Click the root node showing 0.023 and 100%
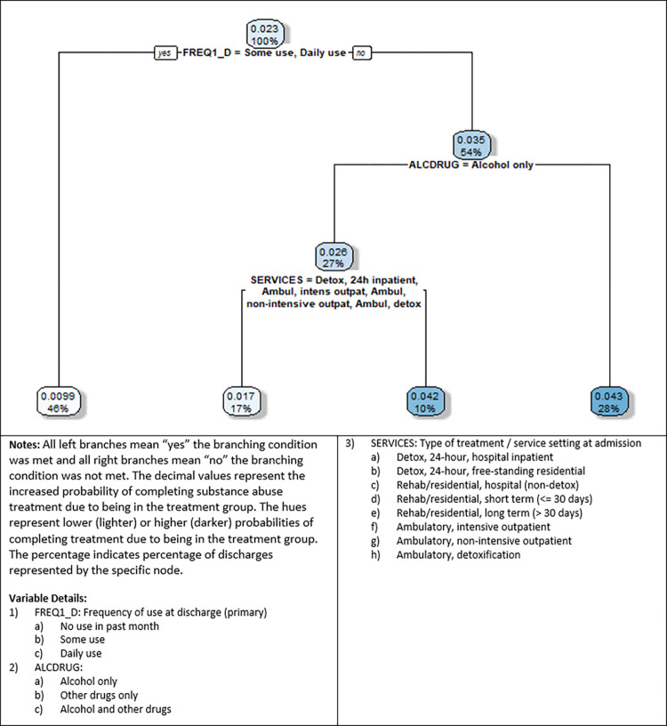(x=265, y=35)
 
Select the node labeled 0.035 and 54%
(x=471, y=145)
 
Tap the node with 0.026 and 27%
(x=333, y=257)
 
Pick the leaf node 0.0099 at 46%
(x=59, y=402)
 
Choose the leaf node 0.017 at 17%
(x=241, y=402)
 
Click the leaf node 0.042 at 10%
(x=425, y=402)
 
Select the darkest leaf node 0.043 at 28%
(x=609, y=402)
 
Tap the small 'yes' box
(x=165, y=52)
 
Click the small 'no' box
(x=361, y=52)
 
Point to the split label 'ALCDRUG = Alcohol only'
(x=470, y=165)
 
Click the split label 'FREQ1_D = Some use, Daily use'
(x=264, y=52)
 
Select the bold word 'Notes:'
(x=24, y=445)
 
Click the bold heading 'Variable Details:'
(x=48, y=598)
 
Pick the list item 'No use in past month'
(x=109, y=626)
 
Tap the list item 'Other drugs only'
(x=99, y=696)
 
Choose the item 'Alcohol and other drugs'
(x=116, y=709)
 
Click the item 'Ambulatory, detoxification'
(x=458, y=554)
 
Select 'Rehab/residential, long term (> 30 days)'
(x=489, y=513)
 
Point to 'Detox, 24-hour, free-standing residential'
(x=491, y=472)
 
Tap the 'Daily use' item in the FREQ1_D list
(x=81, y=654)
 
